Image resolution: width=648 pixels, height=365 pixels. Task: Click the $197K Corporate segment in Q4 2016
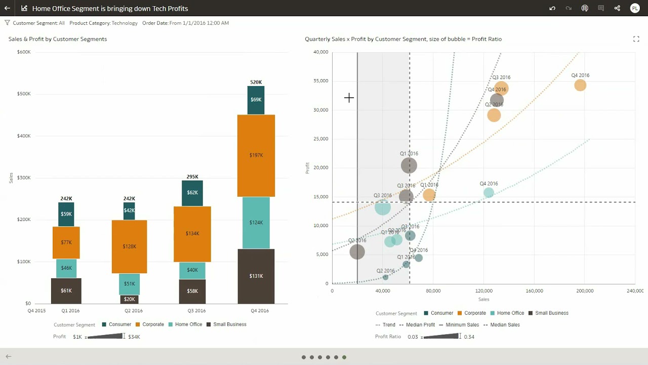(x=256, y=155)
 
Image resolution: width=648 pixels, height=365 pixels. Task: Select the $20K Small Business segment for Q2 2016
(x=129, y=299)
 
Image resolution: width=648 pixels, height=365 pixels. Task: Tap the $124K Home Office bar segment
(x=256, y=223)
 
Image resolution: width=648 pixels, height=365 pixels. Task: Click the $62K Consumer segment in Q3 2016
(x=192, y=193)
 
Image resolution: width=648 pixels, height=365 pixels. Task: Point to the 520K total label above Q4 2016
(x=256, y=82)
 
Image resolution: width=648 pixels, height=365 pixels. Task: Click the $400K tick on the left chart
(x=24, y=136)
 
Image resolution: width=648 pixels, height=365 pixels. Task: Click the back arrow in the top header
(x=7, y=8)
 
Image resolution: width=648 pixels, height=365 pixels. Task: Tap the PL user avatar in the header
(x=634, y=8)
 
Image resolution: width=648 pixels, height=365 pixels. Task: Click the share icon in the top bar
(x=617, y=8)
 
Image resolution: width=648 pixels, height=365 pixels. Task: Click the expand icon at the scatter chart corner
(x=636, y=39)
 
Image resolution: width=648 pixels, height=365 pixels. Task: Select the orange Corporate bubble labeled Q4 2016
(x=580, y=85)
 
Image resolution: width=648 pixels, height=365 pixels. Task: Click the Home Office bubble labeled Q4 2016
(x=489, y=193)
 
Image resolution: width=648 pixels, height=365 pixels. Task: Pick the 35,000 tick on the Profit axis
(x=320, y=81)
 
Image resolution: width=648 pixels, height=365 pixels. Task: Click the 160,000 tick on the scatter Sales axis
(x=534, y=291)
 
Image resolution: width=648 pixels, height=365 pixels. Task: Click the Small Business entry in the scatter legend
(x=551, y=313)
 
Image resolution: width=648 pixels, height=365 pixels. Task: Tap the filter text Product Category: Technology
(x=103, y=23)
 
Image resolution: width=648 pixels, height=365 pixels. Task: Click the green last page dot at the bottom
(x=344, y=357)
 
